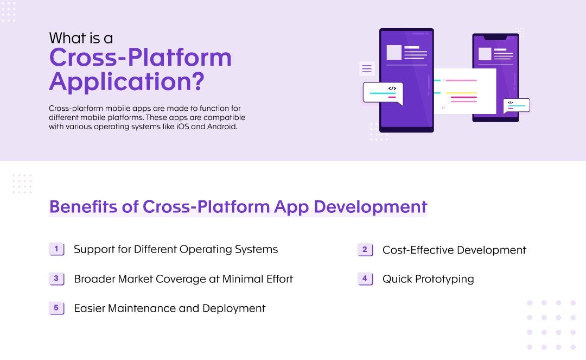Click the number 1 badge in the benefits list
pyautogui.click(x=56, y=249)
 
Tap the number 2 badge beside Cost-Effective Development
pyautogui.click(x=365, y=250)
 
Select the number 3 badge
pyautogui.click(x=56, y=279)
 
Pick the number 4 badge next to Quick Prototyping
pyautogui.click(x=365, y=279)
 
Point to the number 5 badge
pyautogui.click(x=56, y=308)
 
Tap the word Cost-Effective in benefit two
pyautogui.click(x=417, y=250)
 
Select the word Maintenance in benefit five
pyautogui.click(x=138, y=308)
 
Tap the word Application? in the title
pyautogui.click(x=126, y=81)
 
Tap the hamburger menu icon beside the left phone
pyautogui.click(x=367, y=68)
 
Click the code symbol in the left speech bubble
pyautogui.click(x=392, y=88)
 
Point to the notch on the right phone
pyautogui.click(x=495, y=37)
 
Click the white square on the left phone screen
pyautogui.click(x=394, y=53)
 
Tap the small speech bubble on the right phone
pyautogui.click(x=516, y=105)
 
